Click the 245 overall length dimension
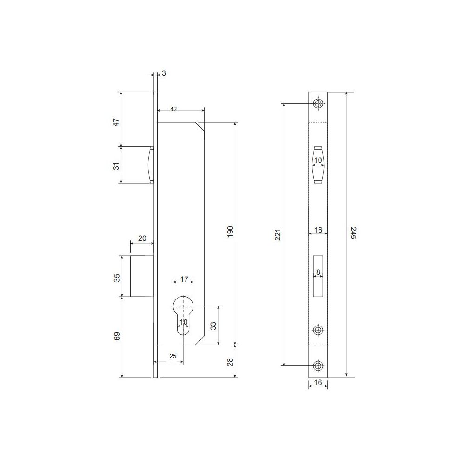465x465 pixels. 353,232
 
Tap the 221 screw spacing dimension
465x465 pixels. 278,234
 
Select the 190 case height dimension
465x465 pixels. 230,232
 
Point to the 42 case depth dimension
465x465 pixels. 173,109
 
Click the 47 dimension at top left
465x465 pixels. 117,122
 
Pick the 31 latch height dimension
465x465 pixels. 117,166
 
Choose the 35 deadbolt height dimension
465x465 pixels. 117,278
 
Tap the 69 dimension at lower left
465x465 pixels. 117,336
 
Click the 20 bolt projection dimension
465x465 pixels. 142,238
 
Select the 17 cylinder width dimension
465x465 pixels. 184,279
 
